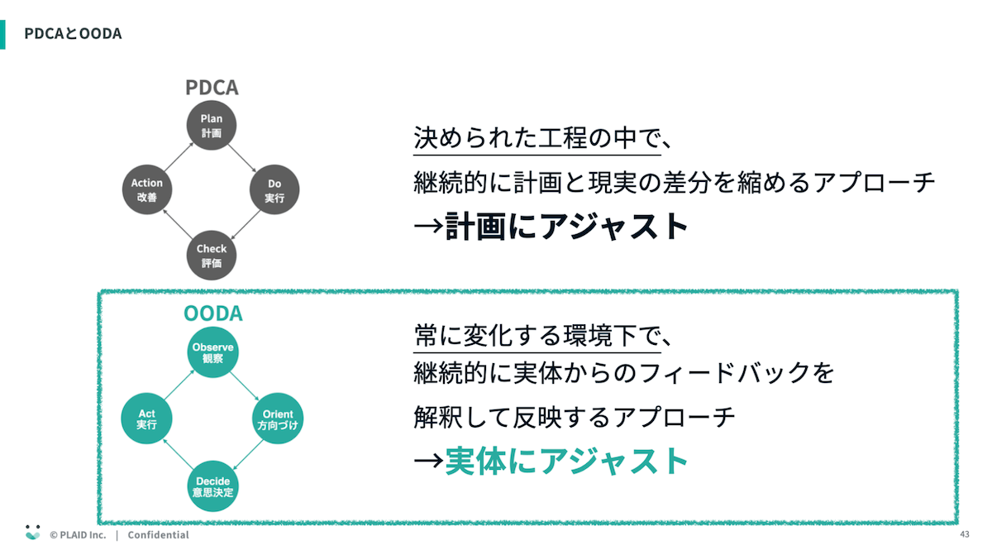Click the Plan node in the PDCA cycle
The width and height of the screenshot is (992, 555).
tap(212, 126)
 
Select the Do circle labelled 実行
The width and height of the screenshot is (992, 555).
tap(274, 190)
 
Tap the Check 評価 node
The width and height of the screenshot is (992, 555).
tap(212, 255)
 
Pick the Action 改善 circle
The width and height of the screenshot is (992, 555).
tap(147, 190)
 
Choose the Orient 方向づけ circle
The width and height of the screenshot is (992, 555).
tap(277, 419)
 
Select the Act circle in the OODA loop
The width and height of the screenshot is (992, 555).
tap(147, 419)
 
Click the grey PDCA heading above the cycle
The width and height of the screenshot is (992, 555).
tap(212, 88)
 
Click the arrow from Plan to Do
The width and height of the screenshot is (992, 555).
tap(243, 158)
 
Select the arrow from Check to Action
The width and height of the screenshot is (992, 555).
tap(179, 223)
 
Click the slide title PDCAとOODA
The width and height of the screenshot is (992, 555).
tap(73, 34)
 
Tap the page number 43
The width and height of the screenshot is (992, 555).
tap(965, 534)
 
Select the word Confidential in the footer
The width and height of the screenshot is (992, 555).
tap(158, 535)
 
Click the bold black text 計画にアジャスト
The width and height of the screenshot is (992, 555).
tap(565, 226)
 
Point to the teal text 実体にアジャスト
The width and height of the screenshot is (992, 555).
tap(566, 461)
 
